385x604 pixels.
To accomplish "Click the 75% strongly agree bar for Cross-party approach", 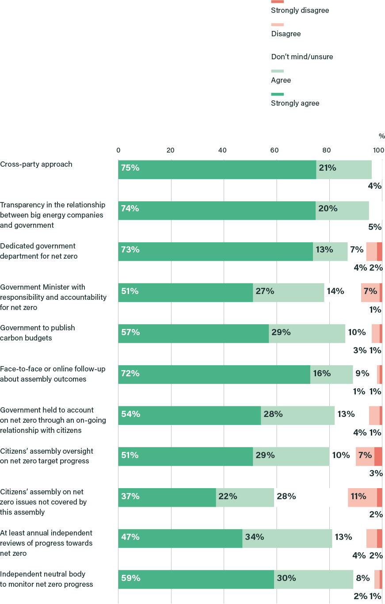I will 217,169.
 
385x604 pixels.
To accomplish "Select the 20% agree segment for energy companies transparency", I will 342,210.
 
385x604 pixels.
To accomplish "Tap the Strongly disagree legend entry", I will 300,10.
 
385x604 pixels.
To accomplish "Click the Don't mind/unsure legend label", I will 302,57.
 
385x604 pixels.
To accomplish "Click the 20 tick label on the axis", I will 170,150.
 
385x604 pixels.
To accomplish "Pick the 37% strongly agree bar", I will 167,497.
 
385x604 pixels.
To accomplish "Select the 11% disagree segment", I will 362,497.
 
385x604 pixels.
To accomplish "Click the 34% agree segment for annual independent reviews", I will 287,538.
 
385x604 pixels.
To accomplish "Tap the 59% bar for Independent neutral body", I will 196,579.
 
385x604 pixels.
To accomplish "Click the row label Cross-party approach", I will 36,164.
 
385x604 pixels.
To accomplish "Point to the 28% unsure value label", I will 286,497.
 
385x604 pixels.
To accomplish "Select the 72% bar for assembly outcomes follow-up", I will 214,375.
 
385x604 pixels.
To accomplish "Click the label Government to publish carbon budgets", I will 38,333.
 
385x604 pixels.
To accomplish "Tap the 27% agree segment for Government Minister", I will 288,292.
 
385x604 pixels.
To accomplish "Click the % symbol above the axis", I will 381,136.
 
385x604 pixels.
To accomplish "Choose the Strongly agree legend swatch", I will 277,94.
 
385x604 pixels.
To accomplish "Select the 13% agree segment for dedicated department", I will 330,252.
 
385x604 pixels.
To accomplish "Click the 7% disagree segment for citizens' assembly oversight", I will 365,456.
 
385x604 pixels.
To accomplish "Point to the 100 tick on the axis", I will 378,150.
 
